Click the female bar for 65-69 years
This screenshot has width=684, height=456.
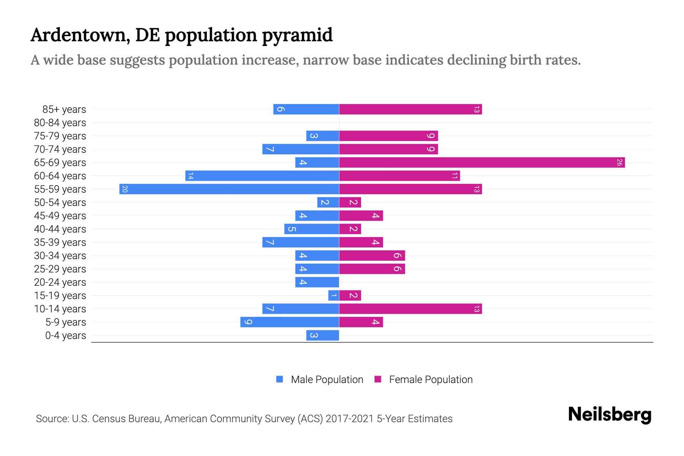click(x=482, y=163)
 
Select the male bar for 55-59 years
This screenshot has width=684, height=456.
click(x=229, y=189)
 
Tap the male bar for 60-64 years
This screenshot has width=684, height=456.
click(x=262, y=176)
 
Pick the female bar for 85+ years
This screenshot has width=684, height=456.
click(x=410, y=109)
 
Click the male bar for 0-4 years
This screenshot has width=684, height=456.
click(x=323, y=336)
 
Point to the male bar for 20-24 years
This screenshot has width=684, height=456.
click(x=317, y=282)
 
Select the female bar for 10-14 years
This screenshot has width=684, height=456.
click(x=410, y=309)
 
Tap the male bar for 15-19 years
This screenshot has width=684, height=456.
click(x=334, y=296)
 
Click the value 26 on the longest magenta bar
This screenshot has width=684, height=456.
click(x=619, y=163)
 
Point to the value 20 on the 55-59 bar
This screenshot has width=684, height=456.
click(x=125, y=189)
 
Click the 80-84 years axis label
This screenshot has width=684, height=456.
click(x=60, y=123)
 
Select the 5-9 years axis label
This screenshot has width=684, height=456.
click(x=66, y=322)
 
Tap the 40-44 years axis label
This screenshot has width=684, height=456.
click(x=60, y=229)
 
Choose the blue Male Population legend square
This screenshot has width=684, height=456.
click(x=280, y=379)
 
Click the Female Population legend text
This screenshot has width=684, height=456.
click(x=431, y=380)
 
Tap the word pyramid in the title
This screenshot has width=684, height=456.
click(x=297, y=35)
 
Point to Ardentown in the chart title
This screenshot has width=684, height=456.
click(x=78, y=35)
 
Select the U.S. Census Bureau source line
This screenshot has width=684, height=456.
click(x=244, y=419)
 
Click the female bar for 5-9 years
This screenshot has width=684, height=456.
click(x=361, y=322)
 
